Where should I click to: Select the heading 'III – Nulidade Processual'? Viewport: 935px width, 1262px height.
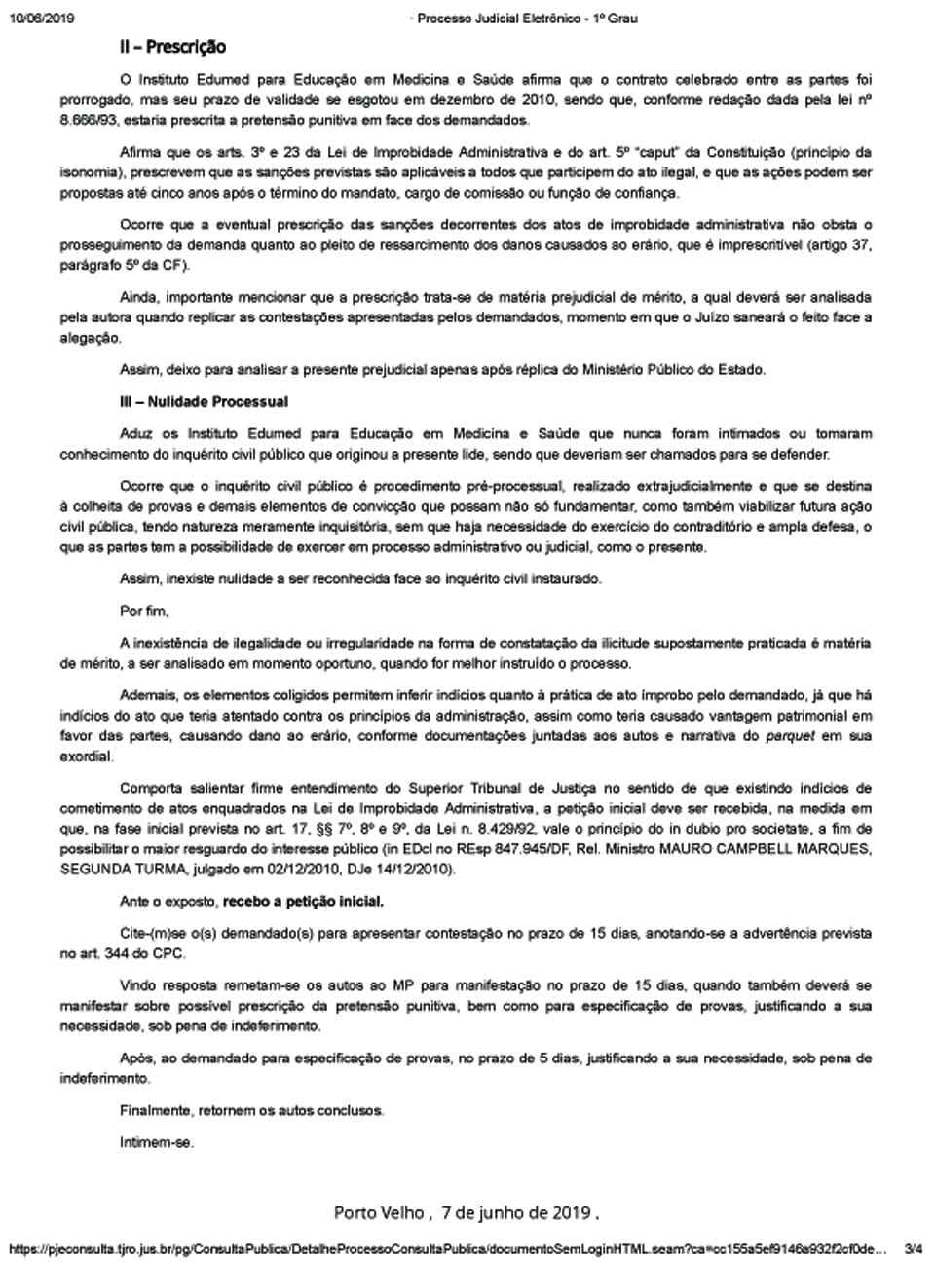point(204,401)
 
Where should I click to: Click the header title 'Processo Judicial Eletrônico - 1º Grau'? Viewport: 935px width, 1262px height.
point(527,18)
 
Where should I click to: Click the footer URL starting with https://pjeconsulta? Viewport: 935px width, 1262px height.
point(448,1247)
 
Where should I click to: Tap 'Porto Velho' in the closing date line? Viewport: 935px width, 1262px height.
point(378,1212)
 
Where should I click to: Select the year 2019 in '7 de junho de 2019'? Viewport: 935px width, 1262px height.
point(571,1212)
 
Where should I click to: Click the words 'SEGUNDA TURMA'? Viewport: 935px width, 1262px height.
point(109,869)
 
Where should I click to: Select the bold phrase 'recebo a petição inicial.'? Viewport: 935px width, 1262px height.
point(303,901)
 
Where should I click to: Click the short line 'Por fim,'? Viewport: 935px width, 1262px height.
point(144,612)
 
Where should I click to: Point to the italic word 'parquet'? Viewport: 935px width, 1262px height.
point(789,736)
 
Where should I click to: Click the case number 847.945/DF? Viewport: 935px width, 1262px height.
point(543,850)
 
